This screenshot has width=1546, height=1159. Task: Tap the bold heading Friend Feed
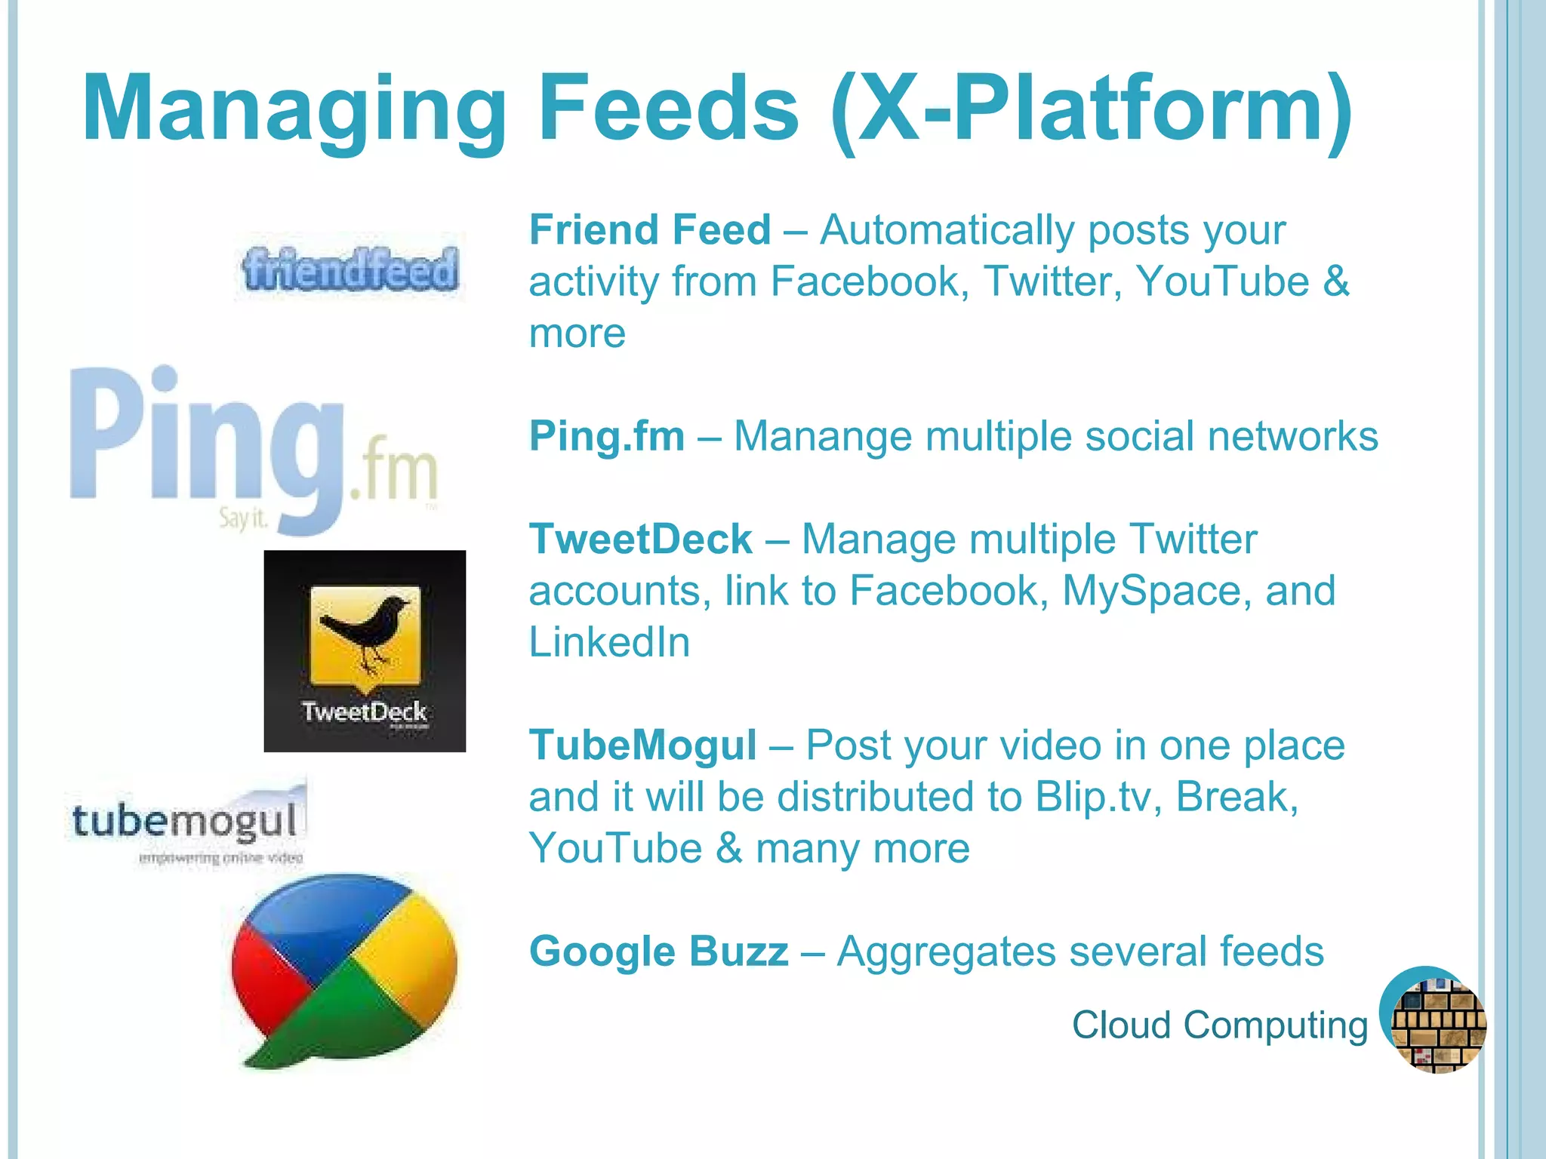pyautogui.click(x=650, y=230)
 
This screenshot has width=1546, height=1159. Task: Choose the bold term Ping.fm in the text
pyautogui.click(x=607, y=436)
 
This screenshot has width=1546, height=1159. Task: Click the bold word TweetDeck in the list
pyautogui.click(x=641, y=540)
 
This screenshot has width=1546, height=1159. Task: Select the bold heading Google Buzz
pyautogui.click(x=658, y=951)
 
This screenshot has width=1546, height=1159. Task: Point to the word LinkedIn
pyautogui.click(x=609, y=642)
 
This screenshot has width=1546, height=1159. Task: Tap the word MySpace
pyautogui.click(x=1152, y=591)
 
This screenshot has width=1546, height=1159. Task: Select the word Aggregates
pyautogui.click(x=947, y=951)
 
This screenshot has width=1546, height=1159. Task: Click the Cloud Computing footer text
pyautogui.click(x=1220, y=1025)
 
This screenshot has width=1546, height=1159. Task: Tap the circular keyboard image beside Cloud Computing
pyautogui.click(x=1434, y=1020)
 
